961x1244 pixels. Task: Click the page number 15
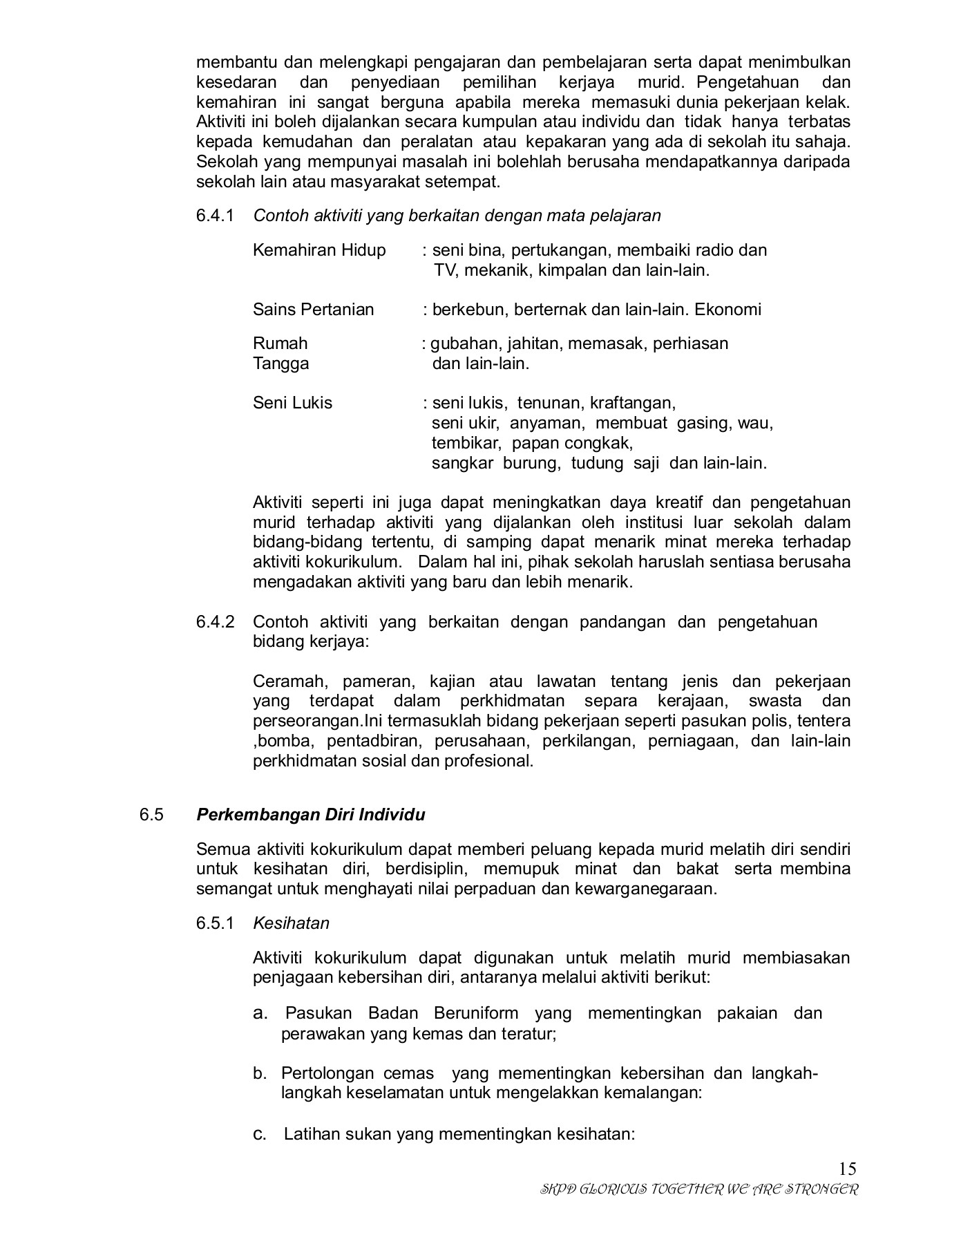click(848, 1169)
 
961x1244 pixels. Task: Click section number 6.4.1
click(215, 216)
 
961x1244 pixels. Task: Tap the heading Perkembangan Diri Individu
click(310, 815)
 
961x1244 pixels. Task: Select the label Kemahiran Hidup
click(319, 250)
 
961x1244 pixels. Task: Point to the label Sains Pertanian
click(313, 310)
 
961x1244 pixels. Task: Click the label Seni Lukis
click(292, 403)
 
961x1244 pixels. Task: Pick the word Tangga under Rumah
click(280, 364)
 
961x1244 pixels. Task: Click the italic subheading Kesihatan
click(291, 923)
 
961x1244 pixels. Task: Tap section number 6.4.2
click(215, 622)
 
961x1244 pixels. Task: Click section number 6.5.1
click(215, 923)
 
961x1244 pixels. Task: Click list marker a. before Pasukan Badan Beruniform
click(260, 1013)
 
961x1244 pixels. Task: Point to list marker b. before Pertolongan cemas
click(260, 1073)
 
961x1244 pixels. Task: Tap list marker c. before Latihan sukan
click(260, 1134)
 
